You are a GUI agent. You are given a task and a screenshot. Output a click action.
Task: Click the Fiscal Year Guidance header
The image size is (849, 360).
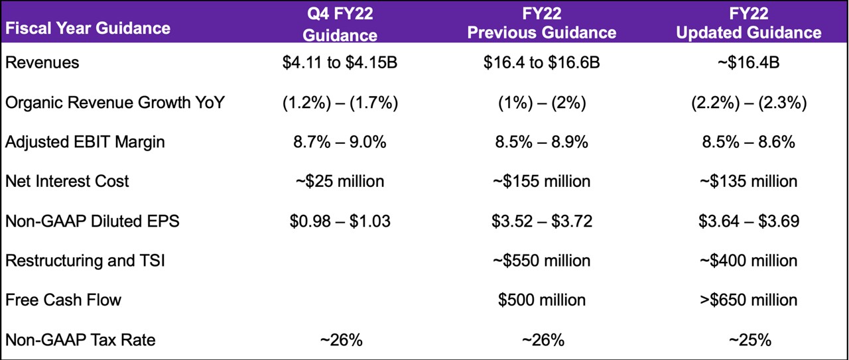(x=88, y=28)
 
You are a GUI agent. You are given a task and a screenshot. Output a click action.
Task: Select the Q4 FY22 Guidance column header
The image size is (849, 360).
(x=340, y=24)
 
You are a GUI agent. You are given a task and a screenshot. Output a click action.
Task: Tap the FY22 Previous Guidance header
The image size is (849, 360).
(x=542, y=24)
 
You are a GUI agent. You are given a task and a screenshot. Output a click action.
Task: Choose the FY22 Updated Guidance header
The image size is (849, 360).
(x=748, y=24)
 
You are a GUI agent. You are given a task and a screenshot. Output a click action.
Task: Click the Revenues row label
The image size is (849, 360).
(x=42, y=62)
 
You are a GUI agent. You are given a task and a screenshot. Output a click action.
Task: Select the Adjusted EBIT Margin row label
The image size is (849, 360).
(x=85, y=141)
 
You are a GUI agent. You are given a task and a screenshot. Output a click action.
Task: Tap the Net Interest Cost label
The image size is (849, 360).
(x=68, y=181)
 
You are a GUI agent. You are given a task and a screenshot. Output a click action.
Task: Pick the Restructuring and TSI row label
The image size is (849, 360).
(x=85, y=261)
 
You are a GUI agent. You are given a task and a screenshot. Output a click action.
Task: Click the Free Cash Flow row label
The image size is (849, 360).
(x=64, y=300)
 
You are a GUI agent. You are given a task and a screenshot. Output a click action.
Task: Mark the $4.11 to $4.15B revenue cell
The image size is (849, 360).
(x=340, y=63)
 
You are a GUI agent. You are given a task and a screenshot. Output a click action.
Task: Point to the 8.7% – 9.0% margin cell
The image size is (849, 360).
(x=340, y=142)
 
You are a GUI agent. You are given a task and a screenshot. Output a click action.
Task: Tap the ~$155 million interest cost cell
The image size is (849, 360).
(x=542, y=181)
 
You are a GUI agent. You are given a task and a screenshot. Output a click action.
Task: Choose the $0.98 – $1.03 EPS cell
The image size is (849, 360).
(x=340, y=221)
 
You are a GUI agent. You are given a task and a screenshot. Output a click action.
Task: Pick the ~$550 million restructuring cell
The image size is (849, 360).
(x=542, y=261)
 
